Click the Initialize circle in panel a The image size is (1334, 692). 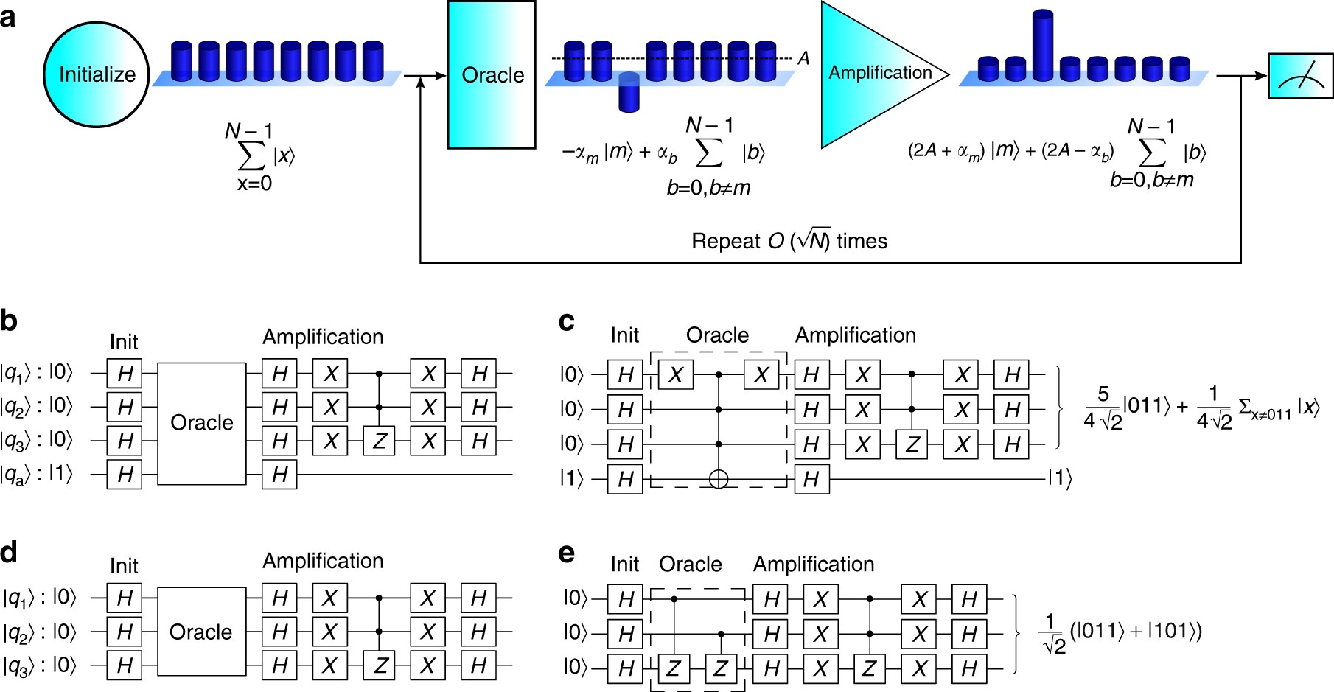[x=97, y=74]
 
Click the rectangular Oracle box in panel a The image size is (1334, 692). [x=492, y=74]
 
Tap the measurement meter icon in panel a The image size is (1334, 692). [x=1300, y=76]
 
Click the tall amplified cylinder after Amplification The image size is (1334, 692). [x=1042, y=46]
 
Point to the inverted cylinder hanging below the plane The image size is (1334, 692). [x=629, y=92]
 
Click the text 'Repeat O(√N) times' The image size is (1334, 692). [x=789, y=241]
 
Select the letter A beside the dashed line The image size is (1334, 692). [x=803, y=57]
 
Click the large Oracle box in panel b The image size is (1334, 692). [x=201, y=423]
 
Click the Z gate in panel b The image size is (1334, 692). [x=380, y=441]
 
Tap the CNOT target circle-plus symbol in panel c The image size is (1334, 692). [x=719, y=479]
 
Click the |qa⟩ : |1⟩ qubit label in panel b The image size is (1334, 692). [x=37, y=474]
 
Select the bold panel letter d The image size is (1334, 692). [x=9, y=552]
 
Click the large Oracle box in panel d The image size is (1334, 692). [x=201, y=632]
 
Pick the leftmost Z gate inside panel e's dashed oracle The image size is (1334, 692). [x=673, y=668]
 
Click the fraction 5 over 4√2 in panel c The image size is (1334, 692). [x=1103, y=408]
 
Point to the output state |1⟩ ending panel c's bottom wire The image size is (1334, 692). [x=1060, y=479]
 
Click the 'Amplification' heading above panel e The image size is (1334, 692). [x=814, y=564]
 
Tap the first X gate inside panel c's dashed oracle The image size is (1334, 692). [x=676, y=375]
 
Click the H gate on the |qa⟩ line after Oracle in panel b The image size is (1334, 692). [x=279, y=475]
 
